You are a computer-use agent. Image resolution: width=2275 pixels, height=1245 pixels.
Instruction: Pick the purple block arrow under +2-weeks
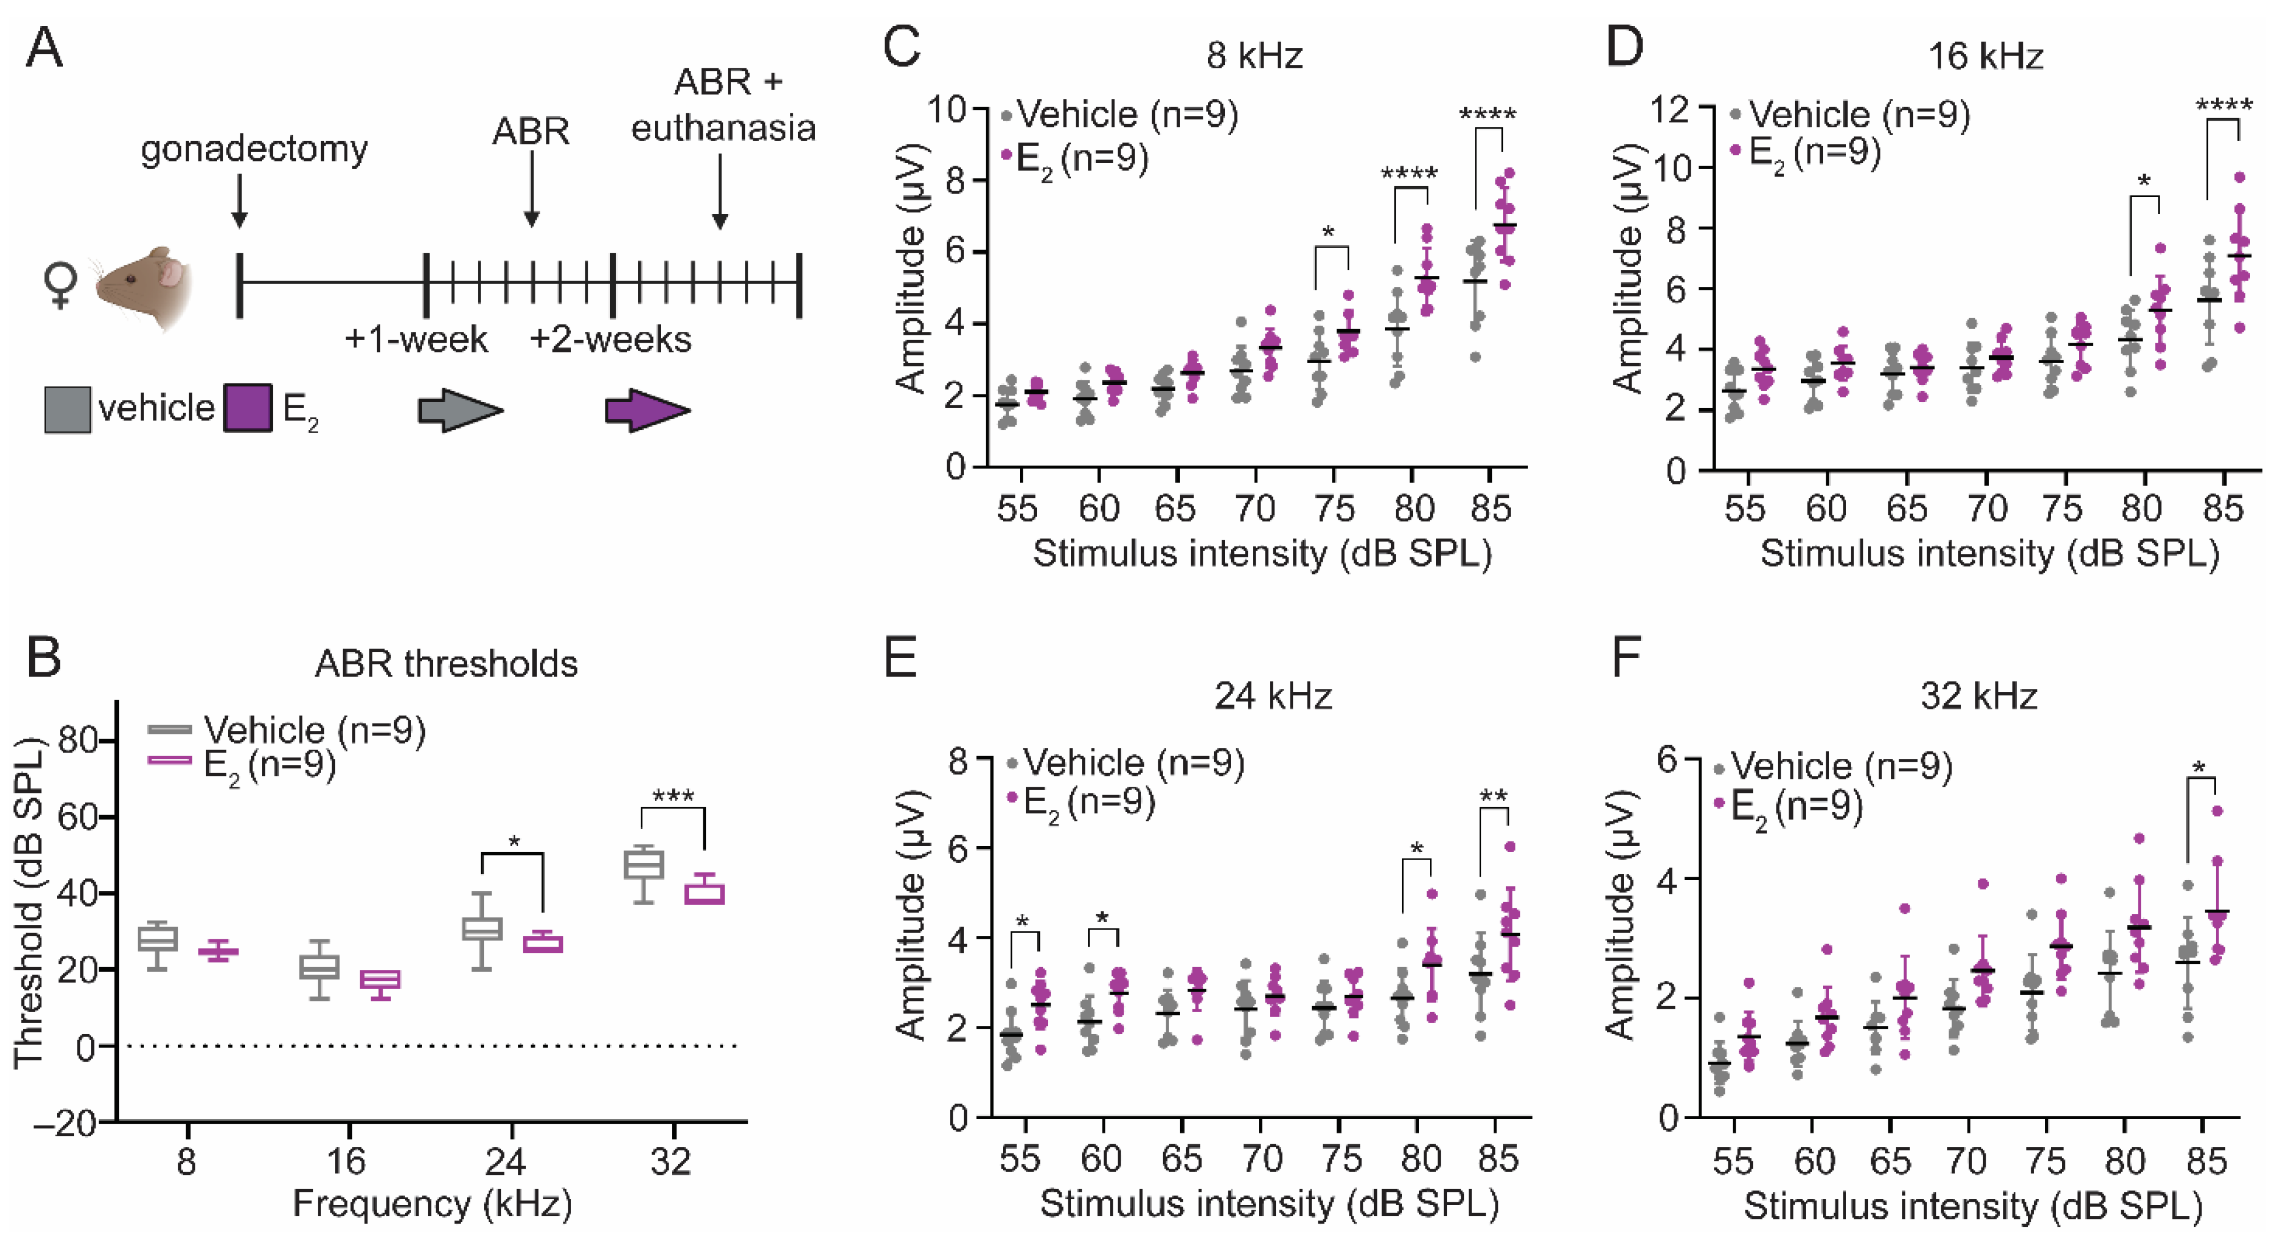click(646, 410)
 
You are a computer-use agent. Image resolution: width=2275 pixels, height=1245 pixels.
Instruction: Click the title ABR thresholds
click(446, 663)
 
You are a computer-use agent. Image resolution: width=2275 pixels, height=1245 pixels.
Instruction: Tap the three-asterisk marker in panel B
click(673, 796)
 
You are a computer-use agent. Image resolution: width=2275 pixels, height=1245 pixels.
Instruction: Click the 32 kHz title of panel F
click(1978, 697)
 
